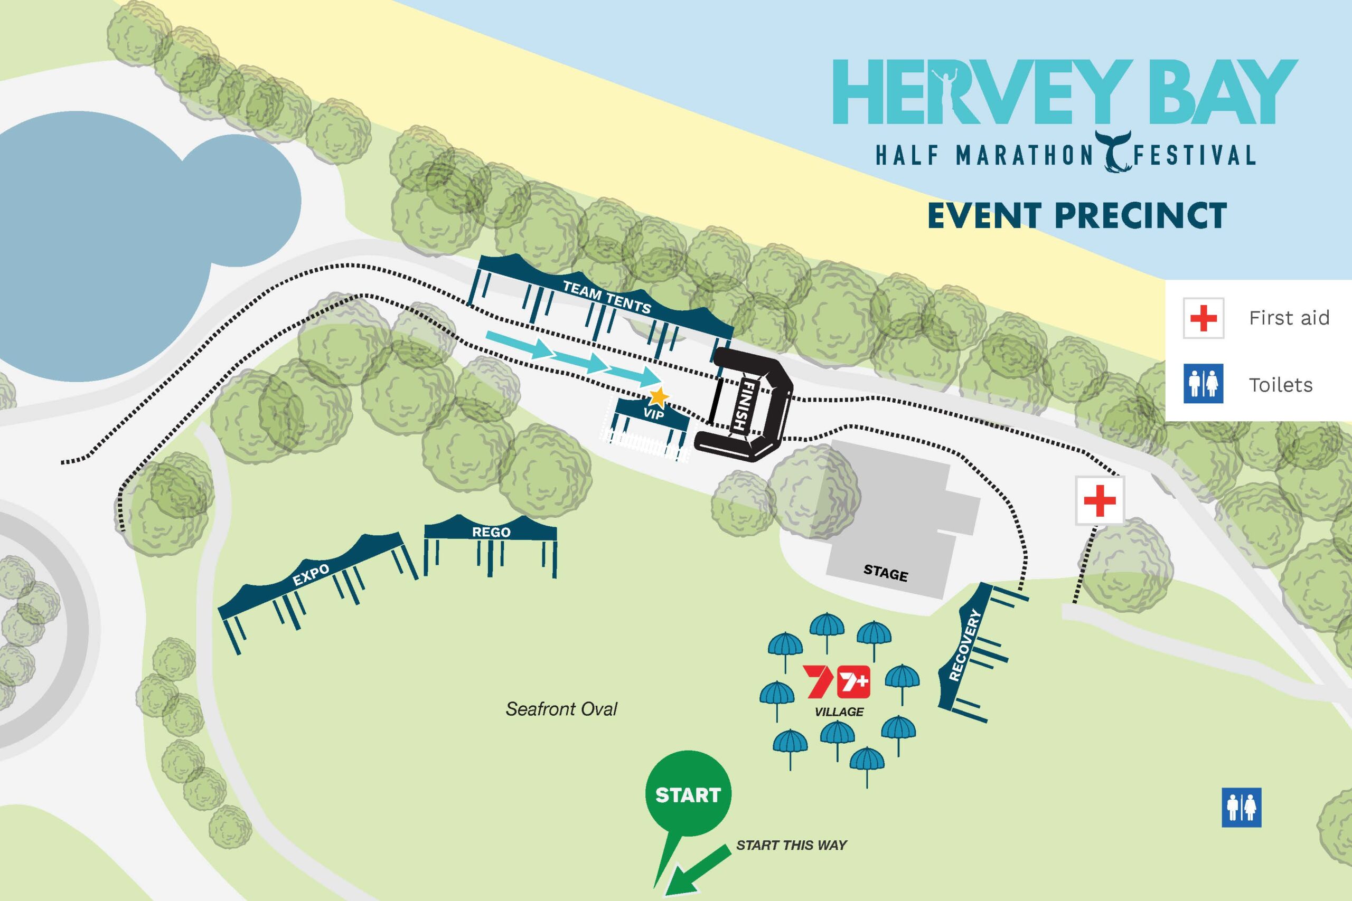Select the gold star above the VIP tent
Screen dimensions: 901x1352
(659, 396)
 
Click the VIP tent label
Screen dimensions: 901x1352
(653, 414)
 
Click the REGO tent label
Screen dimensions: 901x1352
(491, 532)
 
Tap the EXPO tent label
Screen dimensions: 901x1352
(311, 575)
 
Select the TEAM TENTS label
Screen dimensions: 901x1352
(606, 297)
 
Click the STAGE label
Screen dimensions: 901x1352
(885, 573)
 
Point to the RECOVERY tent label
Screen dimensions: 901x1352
(964, 653)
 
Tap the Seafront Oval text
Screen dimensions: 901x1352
(561, 709)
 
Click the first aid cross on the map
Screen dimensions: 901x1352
(1100, 500)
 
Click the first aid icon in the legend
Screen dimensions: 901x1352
(1203, 318)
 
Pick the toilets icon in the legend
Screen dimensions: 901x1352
(1203, 384)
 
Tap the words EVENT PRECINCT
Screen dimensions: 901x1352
(1077, 215)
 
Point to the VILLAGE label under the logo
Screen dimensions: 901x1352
(839, 712)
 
